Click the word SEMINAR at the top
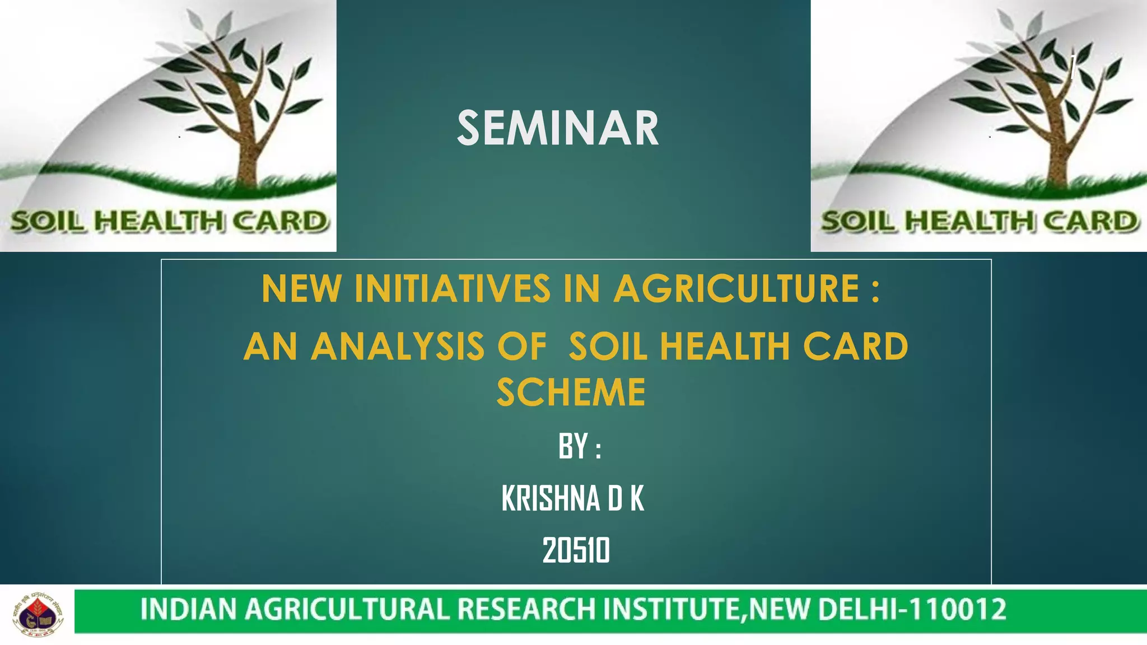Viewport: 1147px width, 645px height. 558,128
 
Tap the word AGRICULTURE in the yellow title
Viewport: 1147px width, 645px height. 736,289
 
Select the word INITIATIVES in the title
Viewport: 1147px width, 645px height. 453,289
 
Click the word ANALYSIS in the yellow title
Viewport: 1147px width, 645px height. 397,347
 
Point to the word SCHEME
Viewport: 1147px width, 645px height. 571,392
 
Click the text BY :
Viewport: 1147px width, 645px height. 579,447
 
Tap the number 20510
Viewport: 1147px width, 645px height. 576,550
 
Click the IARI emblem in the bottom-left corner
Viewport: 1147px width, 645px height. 38,614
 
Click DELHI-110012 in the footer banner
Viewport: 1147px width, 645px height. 912,609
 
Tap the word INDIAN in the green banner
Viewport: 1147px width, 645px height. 188,609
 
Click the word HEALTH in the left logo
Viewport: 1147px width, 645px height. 159,222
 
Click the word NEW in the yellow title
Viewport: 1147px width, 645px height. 301,289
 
